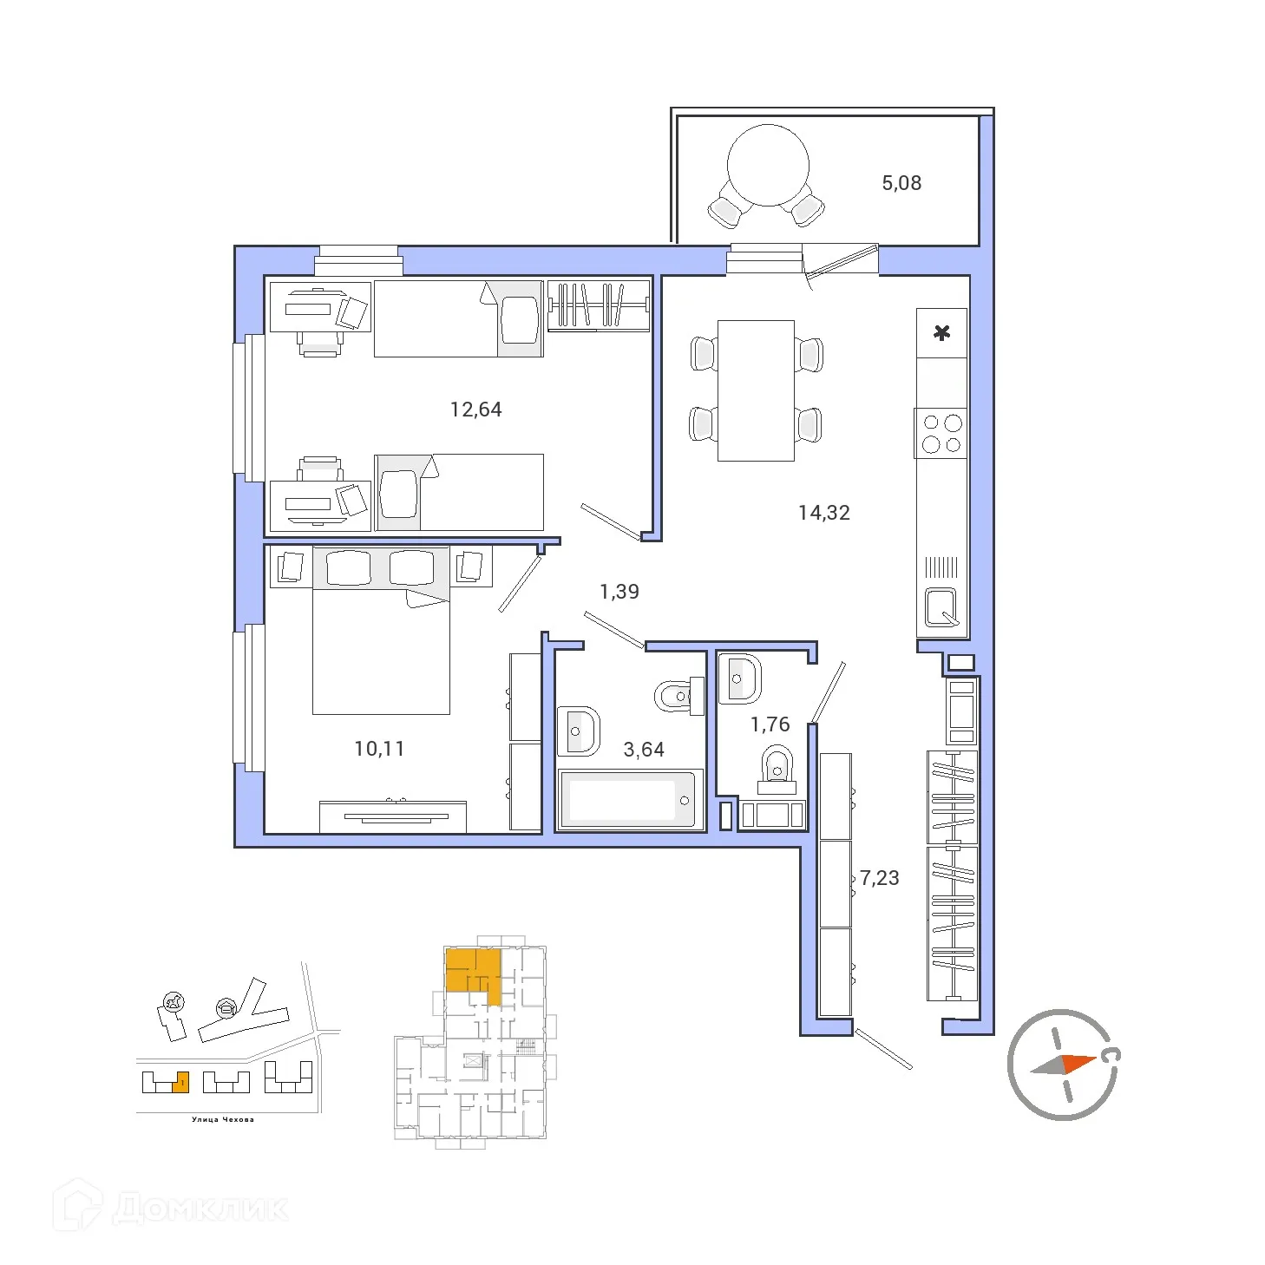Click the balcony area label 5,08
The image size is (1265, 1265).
point(901,183)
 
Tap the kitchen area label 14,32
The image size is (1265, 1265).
point(823,513)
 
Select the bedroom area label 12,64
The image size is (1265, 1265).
point(475,410)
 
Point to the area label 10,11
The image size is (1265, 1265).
point(379,749)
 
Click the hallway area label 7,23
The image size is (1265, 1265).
point(879,878)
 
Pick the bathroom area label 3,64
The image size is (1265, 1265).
point(644,750)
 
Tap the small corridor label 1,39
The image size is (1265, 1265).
point(619,592)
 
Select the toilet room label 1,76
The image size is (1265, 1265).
point(770,724)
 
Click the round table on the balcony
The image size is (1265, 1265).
point(768,165)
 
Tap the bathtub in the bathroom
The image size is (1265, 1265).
point(630,799)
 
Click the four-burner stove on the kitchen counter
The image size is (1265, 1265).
point(942,434)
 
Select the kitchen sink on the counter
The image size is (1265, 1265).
point(941,606)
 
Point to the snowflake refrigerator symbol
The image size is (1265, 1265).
point(942,332)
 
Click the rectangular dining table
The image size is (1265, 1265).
point(756,390)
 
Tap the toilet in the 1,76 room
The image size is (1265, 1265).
point(777,770)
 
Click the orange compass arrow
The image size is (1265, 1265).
point(1078,1063)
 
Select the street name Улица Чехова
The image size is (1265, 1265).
point(223,1119)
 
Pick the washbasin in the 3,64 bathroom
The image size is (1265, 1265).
point(577,731)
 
